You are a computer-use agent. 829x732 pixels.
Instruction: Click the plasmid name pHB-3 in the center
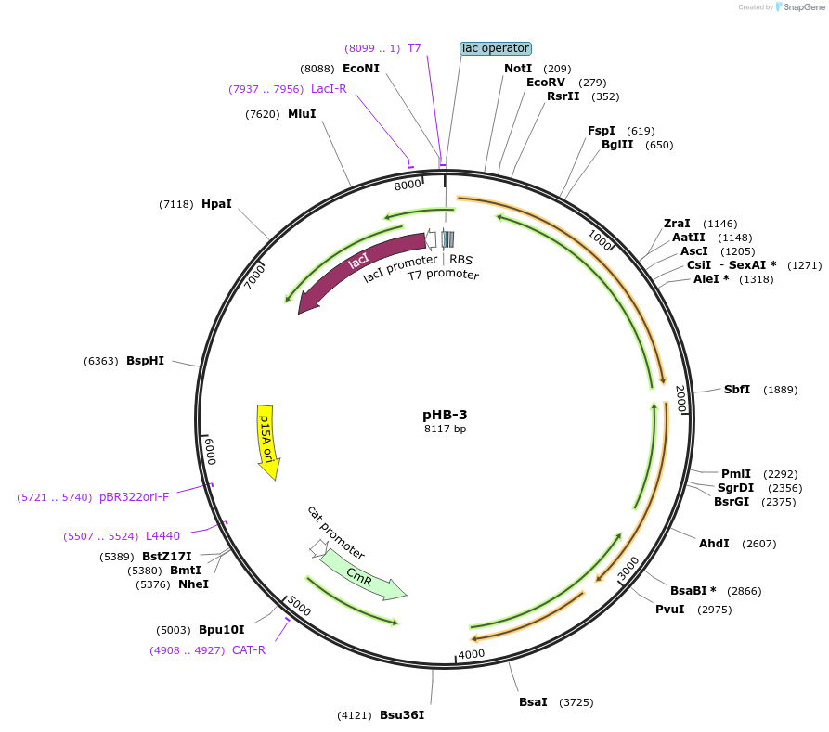[x=445, y=414]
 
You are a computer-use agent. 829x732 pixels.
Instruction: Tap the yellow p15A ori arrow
[x=267, y=440]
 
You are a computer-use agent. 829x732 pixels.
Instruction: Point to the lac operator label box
[x=495, y=48]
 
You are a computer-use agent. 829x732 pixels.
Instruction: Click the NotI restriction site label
[x=518, y=69]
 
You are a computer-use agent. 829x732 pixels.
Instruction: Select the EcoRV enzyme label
[x=545, y=83]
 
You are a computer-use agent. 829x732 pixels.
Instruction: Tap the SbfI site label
[x=736, y=390]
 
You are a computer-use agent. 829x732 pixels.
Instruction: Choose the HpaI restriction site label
[x=216, y=204]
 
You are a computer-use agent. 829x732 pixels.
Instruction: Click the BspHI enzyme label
[x=145, y=361]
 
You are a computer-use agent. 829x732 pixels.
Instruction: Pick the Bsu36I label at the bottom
[x=402, y=715]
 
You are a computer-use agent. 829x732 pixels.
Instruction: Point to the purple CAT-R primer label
[x=249, y=650]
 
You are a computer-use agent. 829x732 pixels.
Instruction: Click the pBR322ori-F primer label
[x=134, y=497]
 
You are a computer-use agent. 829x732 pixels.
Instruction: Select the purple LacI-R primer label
[x=329, y=89]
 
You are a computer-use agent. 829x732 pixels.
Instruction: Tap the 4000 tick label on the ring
[x=472, y=653]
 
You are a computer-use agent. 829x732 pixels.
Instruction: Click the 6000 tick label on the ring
[x=210, y=452]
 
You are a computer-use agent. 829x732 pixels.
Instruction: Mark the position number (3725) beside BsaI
[x=576, y=702]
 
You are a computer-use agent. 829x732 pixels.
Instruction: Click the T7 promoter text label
[x=444, y=275]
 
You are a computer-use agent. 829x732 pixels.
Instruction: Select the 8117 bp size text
[x=445, y=429]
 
